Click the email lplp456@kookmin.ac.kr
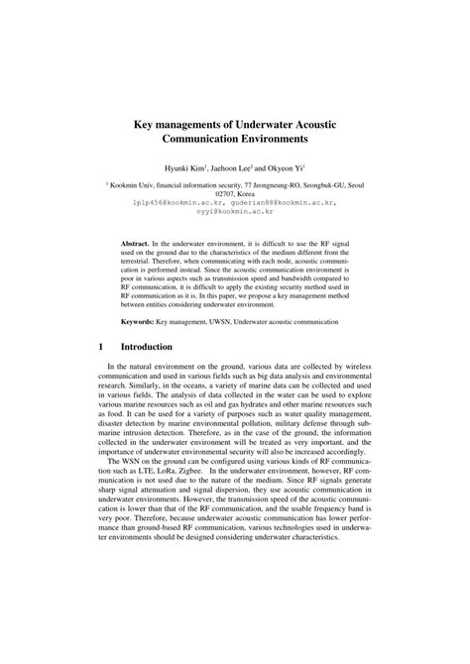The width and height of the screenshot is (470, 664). point(173,203)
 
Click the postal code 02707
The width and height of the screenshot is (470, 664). point(220,195)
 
